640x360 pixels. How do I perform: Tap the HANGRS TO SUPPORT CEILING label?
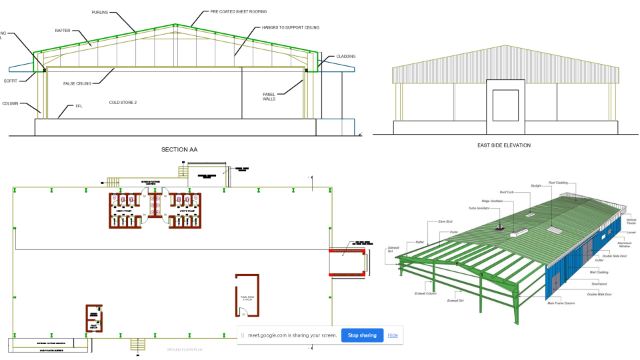pyautogui.click(x=291, y=27)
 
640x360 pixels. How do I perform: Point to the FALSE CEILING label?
pyautogui.click(x=77, y=83)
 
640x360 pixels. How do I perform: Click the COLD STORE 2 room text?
pyautogui.click(x=123, y=103)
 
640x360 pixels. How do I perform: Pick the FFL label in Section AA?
pyautogui.click(x=78, y=106)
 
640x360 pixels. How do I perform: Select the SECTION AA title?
pyautogui.click(x=179, y=149)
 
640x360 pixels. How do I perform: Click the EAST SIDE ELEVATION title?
pyautogui.click(x=505, y=145)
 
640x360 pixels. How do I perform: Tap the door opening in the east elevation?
pyautogui.click(x=505, y=105)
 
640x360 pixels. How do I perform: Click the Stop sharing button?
pyautogui.click(x=362, y=335)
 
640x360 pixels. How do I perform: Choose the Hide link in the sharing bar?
pyautogui.click(x=393, y=335)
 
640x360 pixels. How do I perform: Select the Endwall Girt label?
pyautogui.click(x=457, y=301)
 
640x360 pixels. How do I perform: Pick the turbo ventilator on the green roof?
pyautogui.click(x=499, y=227)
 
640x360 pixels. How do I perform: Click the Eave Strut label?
pyautogui.click(x=445, y=221)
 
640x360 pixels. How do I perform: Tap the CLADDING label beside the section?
pyautogui.click(x=346, y=56)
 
